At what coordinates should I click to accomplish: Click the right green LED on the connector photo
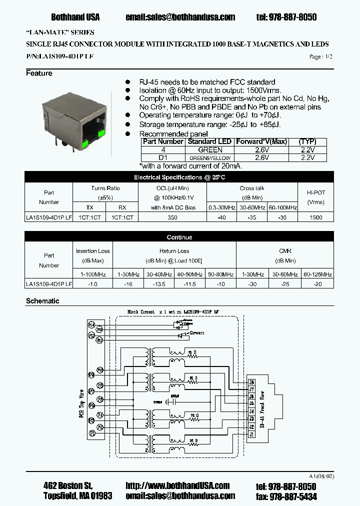click(x=101, y=133)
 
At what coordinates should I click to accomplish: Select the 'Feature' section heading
click(x=39, y=73)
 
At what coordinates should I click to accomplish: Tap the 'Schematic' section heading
click(x=42, y=301)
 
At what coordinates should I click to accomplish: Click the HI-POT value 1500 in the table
click(x=316, y=217)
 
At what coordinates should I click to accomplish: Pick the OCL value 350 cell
click(x=172, y=217)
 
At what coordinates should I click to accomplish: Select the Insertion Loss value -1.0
click(x=92, y=284)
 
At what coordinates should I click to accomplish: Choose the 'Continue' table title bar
click(x=179, y=237)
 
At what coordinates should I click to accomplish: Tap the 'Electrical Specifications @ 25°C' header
click(x=179, y=177)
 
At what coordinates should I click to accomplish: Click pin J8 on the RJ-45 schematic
click(x=251, y=382)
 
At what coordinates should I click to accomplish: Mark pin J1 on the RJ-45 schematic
click(x=251, y=434)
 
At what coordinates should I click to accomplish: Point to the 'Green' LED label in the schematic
click(x=197, y=332)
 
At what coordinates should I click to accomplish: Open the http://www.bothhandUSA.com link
click(x=177, y=485)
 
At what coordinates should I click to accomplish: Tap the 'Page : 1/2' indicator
click(x=320, y=57)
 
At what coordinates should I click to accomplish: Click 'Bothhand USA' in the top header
click(x=75, y=17)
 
